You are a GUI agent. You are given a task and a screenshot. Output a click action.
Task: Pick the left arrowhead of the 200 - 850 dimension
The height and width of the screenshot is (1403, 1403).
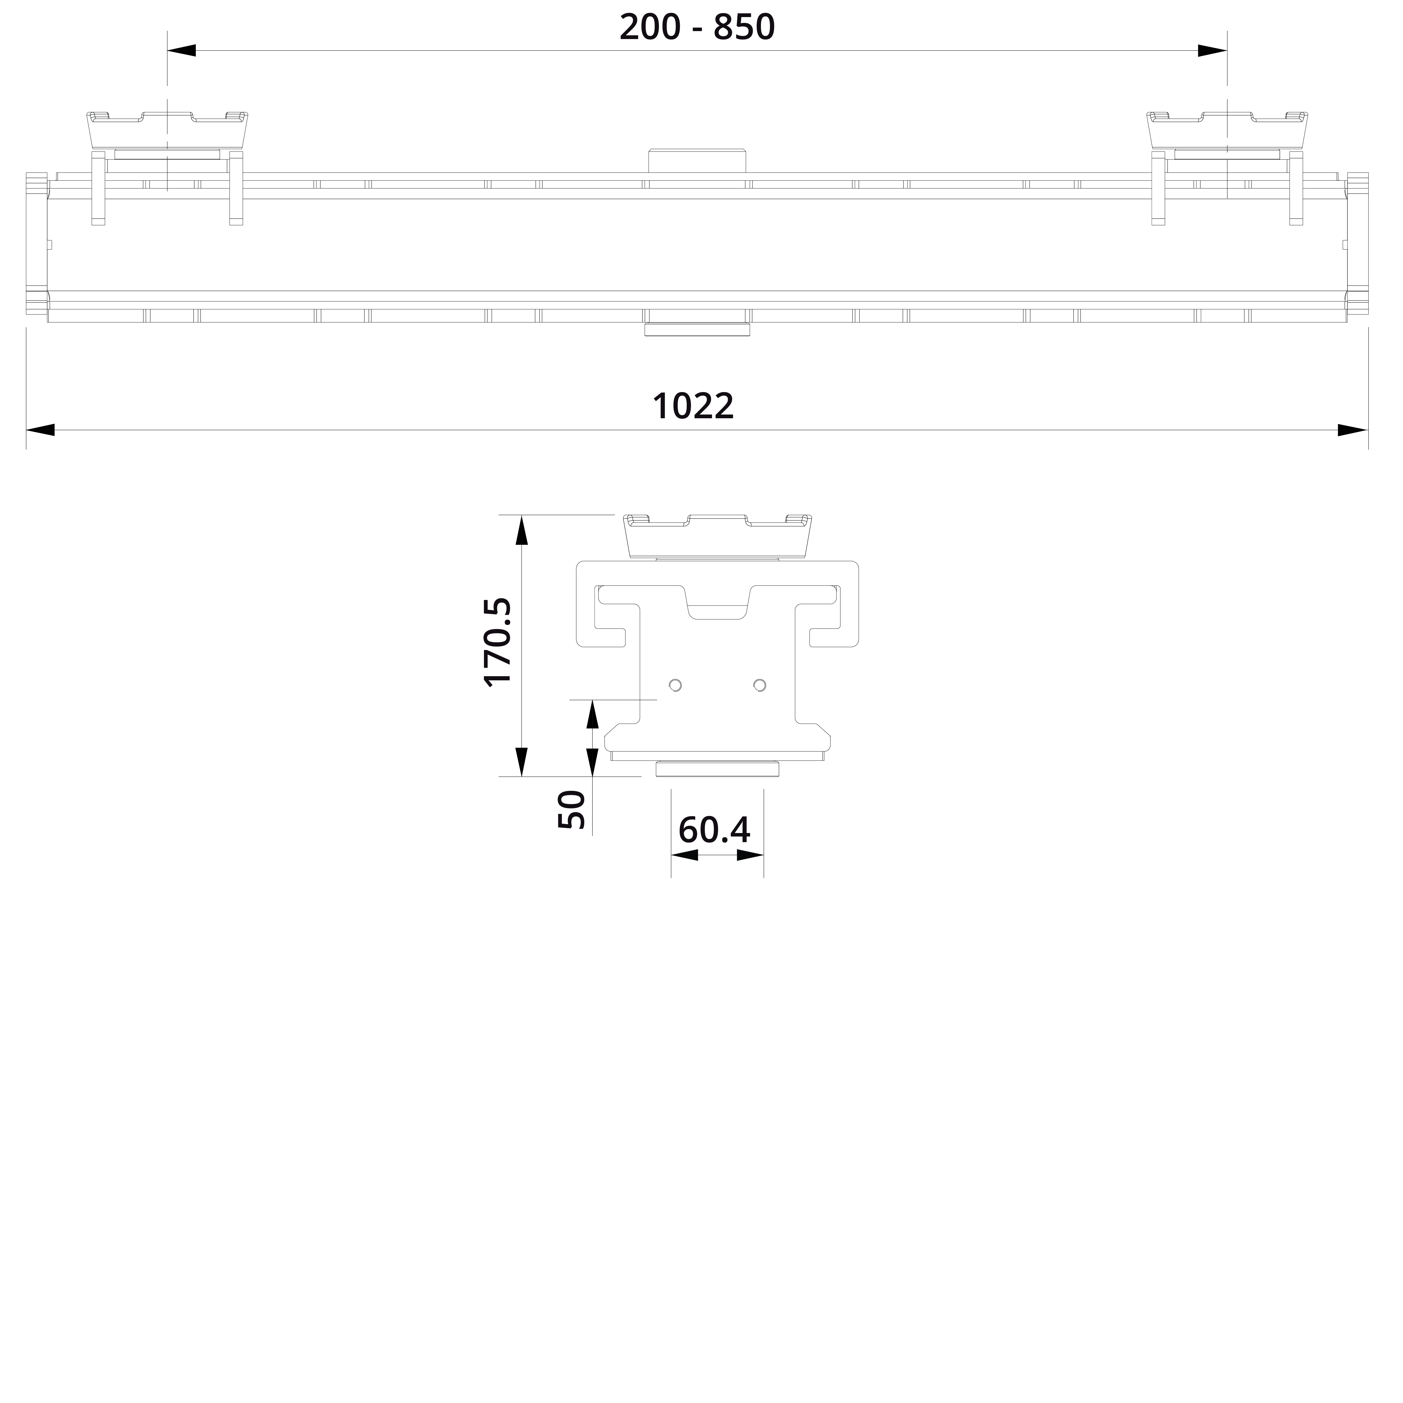182,51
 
